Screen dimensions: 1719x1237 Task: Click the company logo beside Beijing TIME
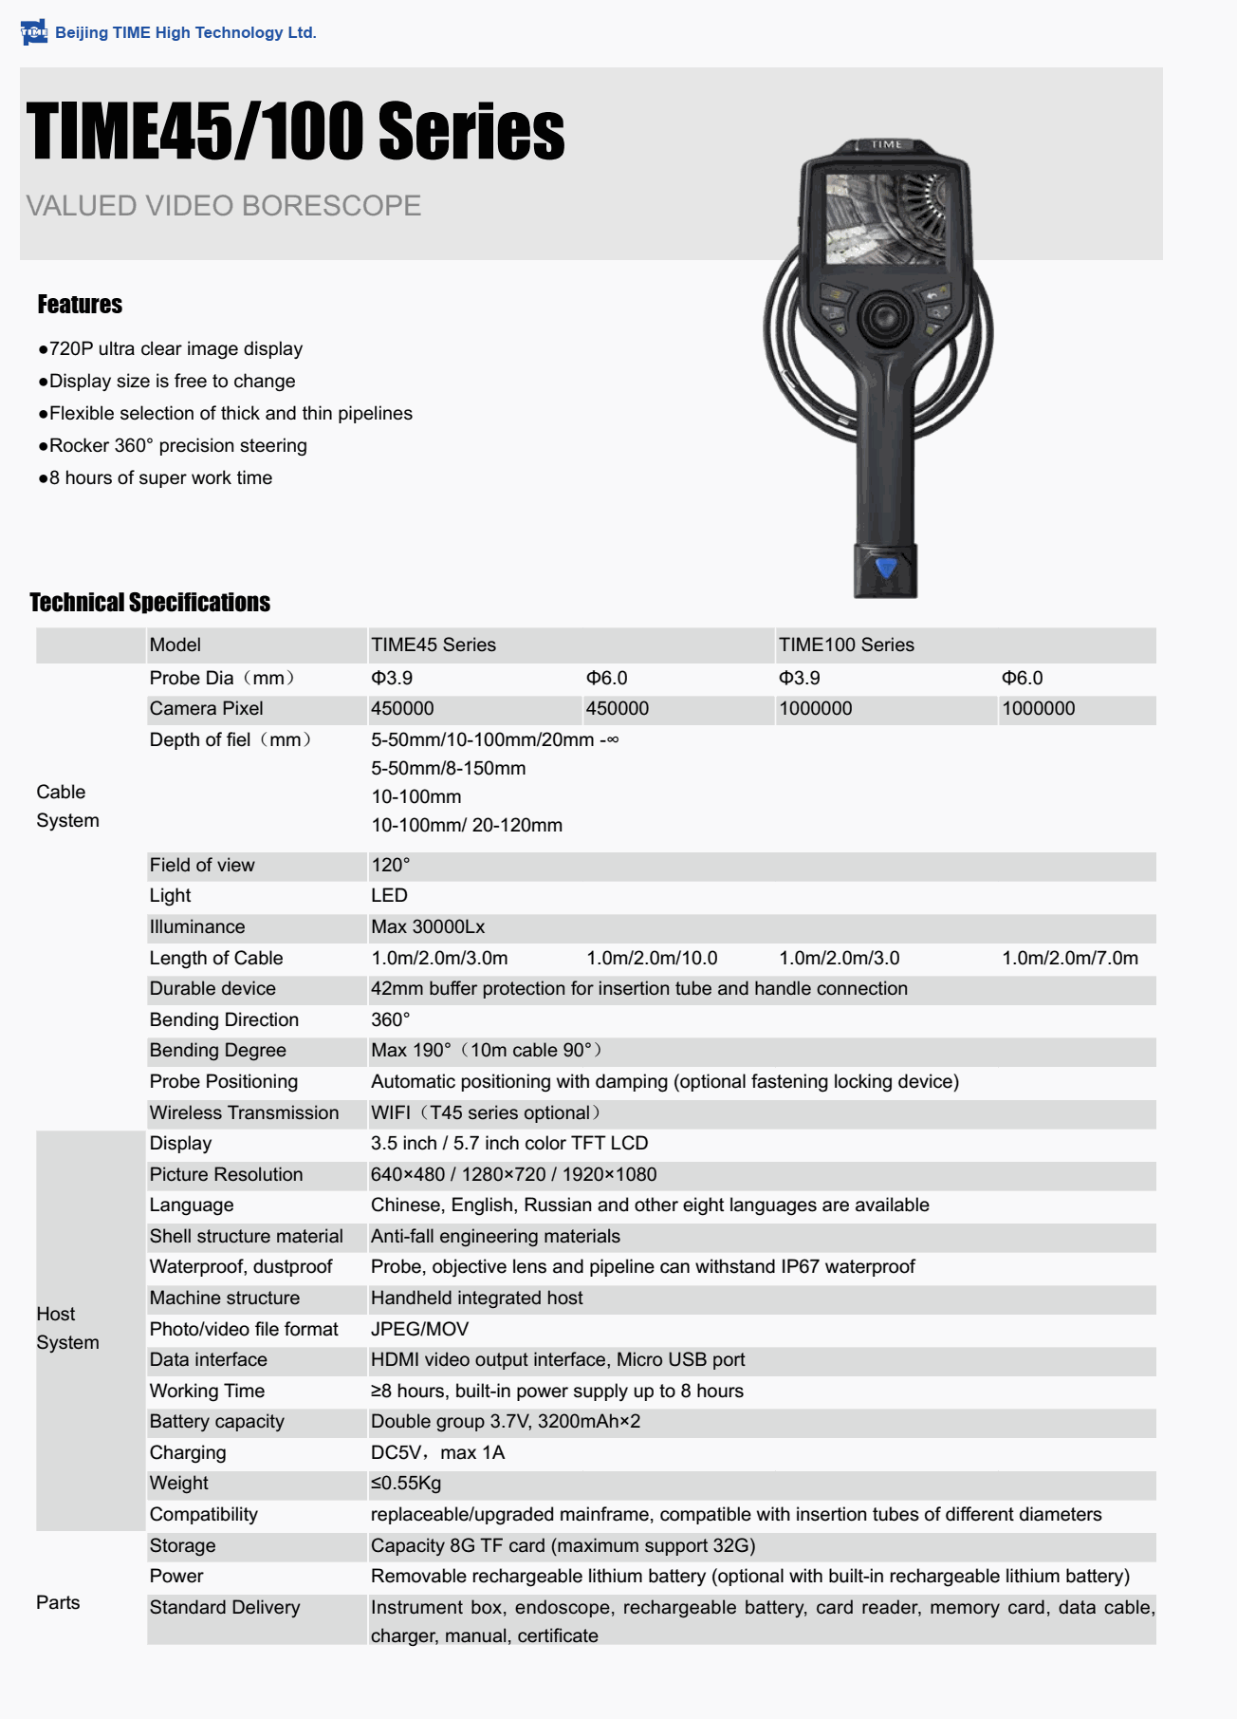pos(33,32)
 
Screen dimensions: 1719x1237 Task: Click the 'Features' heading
pos(80,305)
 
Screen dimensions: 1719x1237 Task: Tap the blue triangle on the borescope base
pos(886,568)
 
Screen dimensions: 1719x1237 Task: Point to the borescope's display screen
pos(885,219)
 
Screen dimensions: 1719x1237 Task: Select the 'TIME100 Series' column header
pos(846,645)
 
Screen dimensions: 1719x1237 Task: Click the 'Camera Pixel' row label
pos(206,709)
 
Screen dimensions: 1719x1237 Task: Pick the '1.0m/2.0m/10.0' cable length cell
pos(652,959)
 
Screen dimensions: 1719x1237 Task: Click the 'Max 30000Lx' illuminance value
pos(428,927)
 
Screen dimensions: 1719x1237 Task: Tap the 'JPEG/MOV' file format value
pos(418,1330)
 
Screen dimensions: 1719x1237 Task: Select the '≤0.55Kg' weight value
pos(406,1484)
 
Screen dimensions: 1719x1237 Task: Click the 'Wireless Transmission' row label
pos(244,1113)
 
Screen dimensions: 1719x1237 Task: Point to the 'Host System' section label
pos(67,1328)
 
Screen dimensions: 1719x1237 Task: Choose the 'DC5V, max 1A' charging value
pos(437,1453)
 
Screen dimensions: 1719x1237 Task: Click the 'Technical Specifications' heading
pos(150,603)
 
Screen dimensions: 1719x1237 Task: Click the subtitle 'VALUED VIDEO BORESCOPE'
pos(224,206)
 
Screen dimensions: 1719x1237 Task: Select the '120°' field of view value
pos(391,866)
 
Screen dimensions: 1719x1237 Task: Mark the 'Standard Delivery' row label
pos(225,1608)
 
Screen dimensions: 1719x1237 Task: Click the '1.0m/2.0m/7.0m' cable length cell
pos(1070,959)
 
